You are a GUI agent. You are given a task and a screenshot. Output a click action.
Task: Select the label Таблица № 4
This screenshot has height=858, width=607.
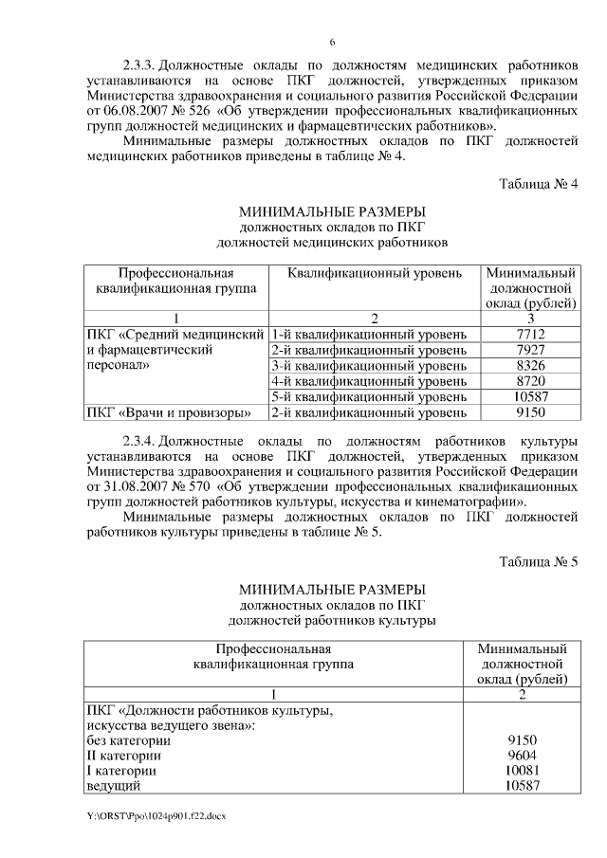(x=539, y=183)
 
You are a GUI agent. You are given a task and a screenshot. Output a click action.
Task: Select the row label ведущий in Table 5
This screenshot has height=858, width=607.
(x=113, y=786)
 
